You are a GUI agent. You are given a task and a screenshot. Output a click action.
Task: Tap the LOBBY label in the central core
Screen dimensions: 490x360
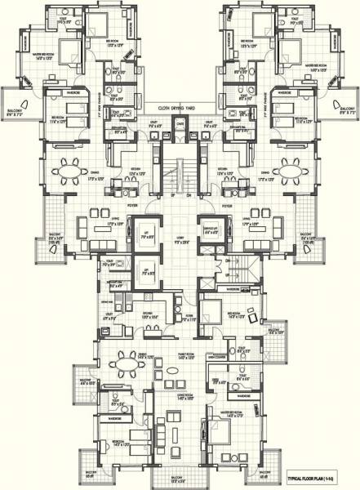180,238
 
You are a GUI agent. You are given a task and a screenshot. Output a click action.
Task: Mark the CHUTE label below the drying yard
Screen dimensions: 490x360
180,122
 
